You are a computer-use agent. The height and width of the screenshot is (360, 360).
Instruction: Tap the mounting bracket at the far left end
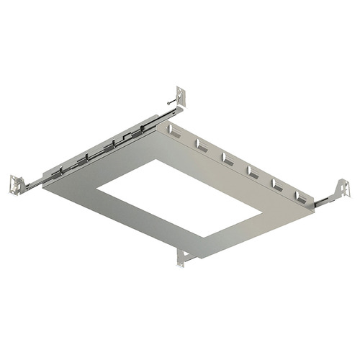pos(14,184)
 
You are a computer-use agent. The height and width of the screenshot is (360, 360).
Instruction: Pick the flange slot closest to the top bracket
pos(173,130)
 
